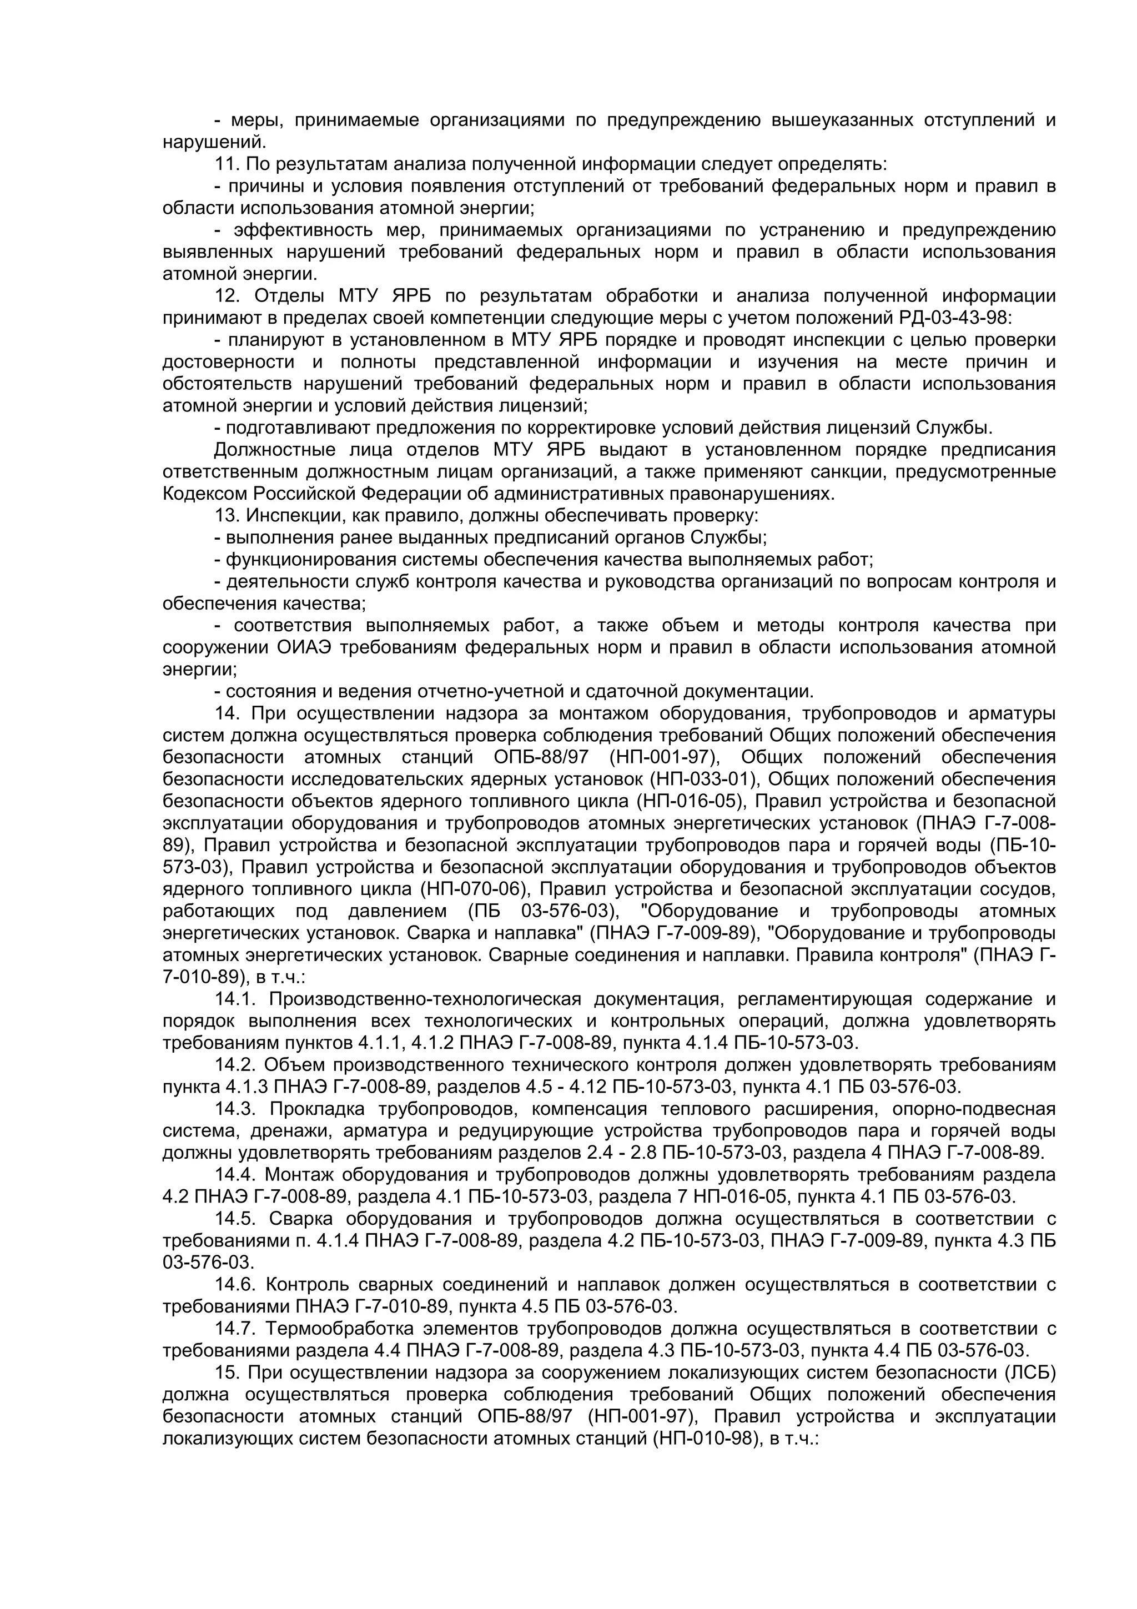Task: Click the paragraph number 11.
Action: tap(227, 165)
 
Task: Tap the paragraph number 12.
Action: tap(227, 296)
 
